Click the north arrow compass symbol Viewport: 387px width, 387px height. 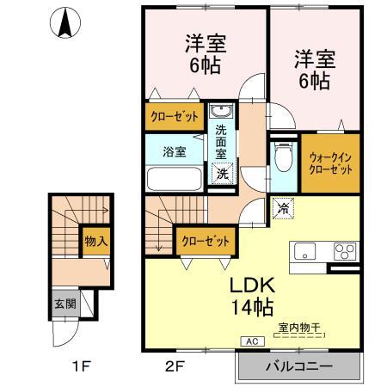tap(65, 22)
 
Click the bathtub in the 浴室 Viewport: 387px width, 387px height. tap(175, 180)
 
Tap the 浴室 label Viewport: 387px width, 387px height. tap(175, 152)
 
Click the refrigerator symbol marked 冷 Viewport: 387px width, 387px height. tap(282, 207)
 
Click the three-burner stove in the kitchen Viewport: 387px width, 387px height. tap(344, 251)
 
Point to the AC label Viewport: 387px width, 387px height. tap(253, 341)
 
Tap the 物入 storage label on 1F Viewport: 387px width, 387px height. tap(95, 241)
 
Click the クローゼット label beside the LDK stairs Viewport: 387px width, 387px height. tap(205, 242)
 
